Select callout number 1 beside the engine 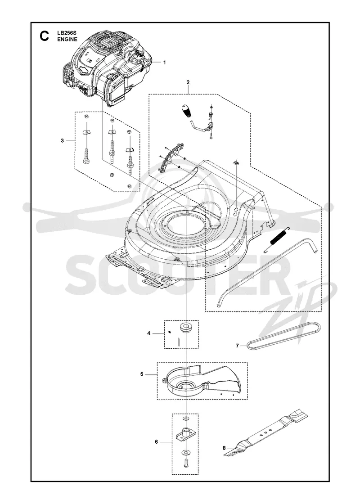pyautogui.click(x=165, y=63)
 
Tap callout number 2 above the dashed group pyautogui.click(x=188, y=82)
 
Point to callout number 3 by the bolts pyautogui.click(x=62, y=140)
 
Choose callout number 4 pyautogui.click(x=149, y=333)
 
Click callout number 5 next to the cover pyautogui.click(x=142, y=374)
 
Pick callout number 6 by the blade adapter pyautogui.click(x=157, y=442)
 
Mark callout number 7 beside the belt pyautogui.click(x=238, y=346)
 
